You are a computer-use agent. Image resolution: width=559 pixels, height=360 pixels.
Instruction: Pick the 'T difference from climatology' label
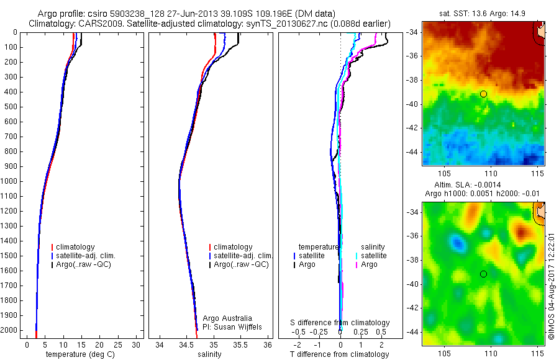click(x=340, y=354)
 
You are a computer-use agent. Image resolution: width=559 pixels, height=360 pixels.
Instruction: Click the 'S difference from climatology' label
click(x=340, y=323)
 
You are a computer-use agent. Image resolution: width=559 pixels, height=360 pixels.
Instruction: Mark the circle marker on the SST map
click(x=483, y=94)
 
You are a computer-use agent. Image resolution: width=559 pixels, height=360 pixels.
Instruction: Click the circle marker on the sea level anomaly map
click(x=483, y=274)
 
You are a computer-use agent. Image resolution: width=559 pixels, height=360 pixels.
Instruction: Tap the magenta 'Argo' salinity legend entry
click(x=369, y=264)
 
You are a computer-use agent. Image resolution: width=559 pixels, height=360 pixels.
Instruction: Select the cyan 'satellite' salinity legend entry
click(x=374, y=256)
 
